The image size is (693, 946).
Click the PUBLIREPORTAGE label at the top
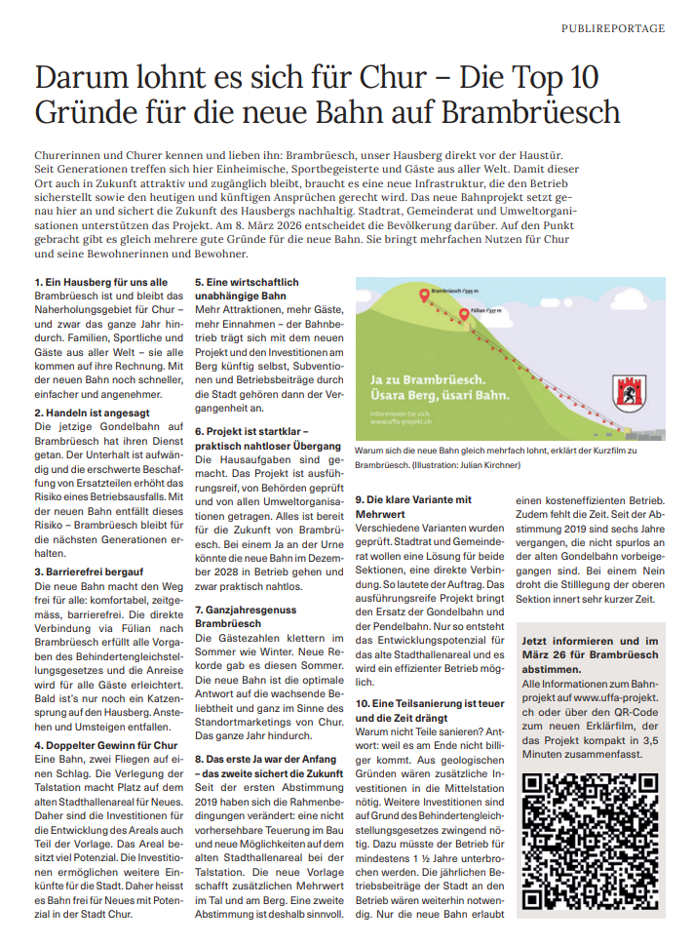(613, 28)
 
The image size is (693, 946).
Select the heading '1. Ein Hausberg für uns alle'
(99, 282)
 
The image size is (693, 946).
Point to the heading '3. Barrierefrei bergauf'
(91, 572)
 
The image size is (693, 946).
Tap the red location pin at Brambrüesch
(423, 295)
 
